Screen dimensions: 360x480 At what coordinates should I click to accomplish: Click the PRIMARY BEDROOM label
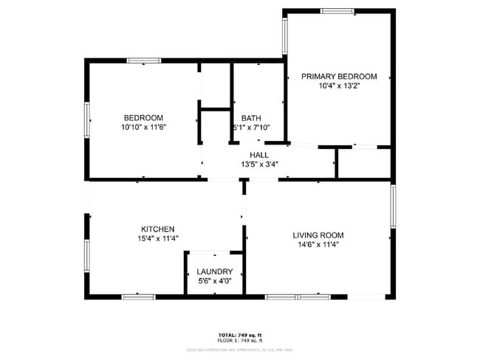click(x=338, y=76)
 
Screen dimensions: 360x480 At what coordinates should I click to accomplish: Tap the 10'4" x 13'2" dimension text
click(x=338, y=86)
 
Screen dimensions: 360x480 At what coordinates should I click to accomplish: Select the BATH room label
click(x=251, y=118)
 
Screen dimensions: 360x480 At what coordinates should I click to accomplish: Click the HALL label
click(x=258, y=154)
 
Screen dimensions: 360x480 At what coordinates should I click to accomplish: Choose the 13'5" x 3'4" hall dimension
click(x=258, y=164)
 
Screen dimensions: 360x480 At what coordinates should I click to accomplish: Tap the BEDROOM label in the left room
click(x=143, y=118)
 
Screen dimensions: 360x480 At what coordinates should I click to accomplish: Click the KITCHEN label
click(x=158, y=229)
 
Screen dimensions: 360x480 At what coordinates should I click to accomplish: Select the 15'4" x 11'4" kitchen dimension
click(x=158, y=238)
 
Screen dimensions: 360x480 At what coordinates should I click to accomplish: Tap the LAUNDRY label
click(x=215, y=271)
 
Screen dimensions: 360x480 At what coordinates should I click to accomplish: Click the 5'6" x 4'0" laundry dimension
click(x=215, y=281)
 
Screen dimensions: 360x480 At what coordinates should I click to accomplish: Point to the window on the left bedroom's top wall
click(x=144, y=60)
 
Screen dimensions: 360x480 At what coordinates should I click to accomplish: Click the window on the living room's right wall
click(x=393, y=206)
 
